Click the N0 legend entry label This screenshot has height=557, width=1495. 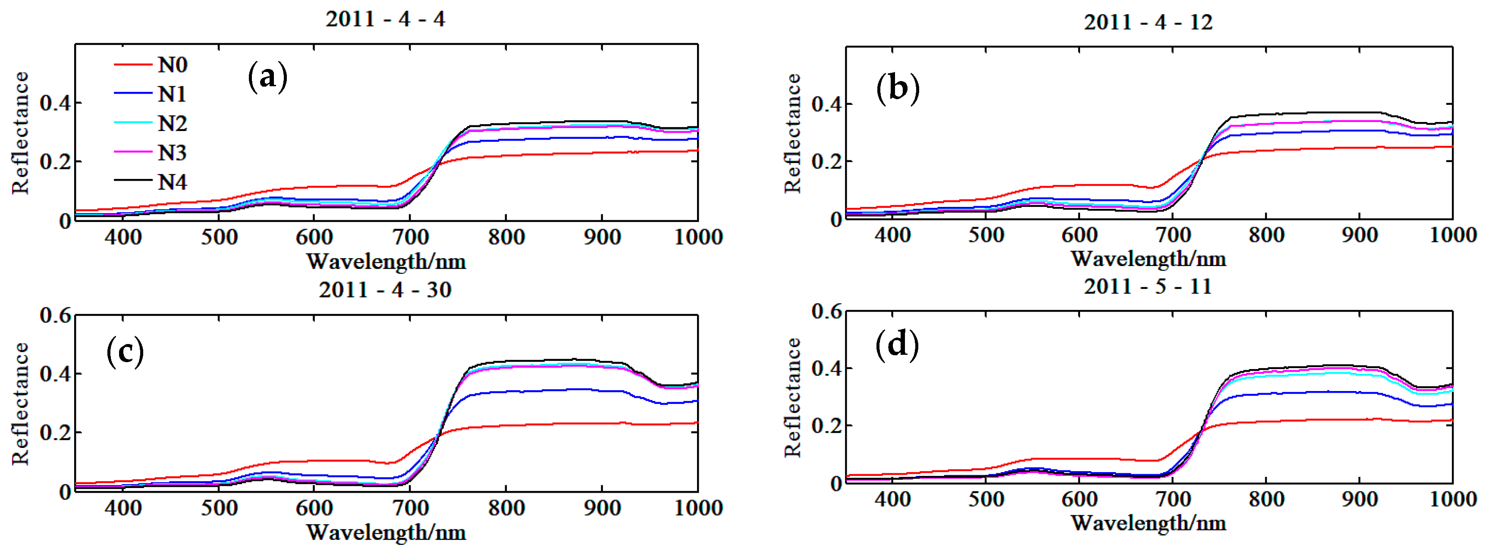[x=173, y=64]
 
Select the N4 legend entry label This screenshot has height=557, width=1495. [x=173, y=182]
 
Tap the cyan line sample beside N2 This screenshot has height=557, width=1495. [x=133, y=122]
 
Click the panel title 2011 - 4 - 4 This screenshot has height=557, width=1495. [x=385, y=19]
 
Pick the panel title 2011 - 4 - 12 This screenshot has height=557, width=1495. [x=1148, y=22]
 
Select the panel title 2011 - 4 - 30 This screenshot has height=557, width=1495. [x=385, y=290]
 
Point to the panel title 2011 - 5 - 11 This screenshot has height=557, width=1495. [x=1148, y=286]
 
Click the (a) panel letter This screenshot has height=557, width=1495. [x=267, y=77]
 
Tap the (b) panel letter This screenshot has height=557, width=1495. [x=898, y=88]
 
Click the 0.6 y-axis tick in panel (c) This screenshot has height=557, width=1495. [x=55, y=315]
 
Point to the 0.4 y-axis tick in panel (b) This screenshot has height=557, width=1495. [x=826, y=104]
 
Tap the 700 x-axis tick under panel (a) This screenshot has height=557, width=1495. [x=410, y=237]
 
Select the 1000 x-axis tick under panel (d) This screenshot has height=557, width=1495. [x=1453, y=499]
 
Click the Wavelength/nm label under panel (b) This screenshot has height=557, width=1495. [x=1148, y=259]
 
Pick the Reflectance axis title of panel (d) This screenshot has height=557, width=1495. [x=792, y=397]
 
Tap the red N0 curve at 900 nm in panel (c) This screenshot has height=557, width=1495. [x=602, y=423]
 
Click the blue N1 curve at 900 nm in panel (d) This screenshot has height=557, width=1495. [x=1359, y=392]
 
